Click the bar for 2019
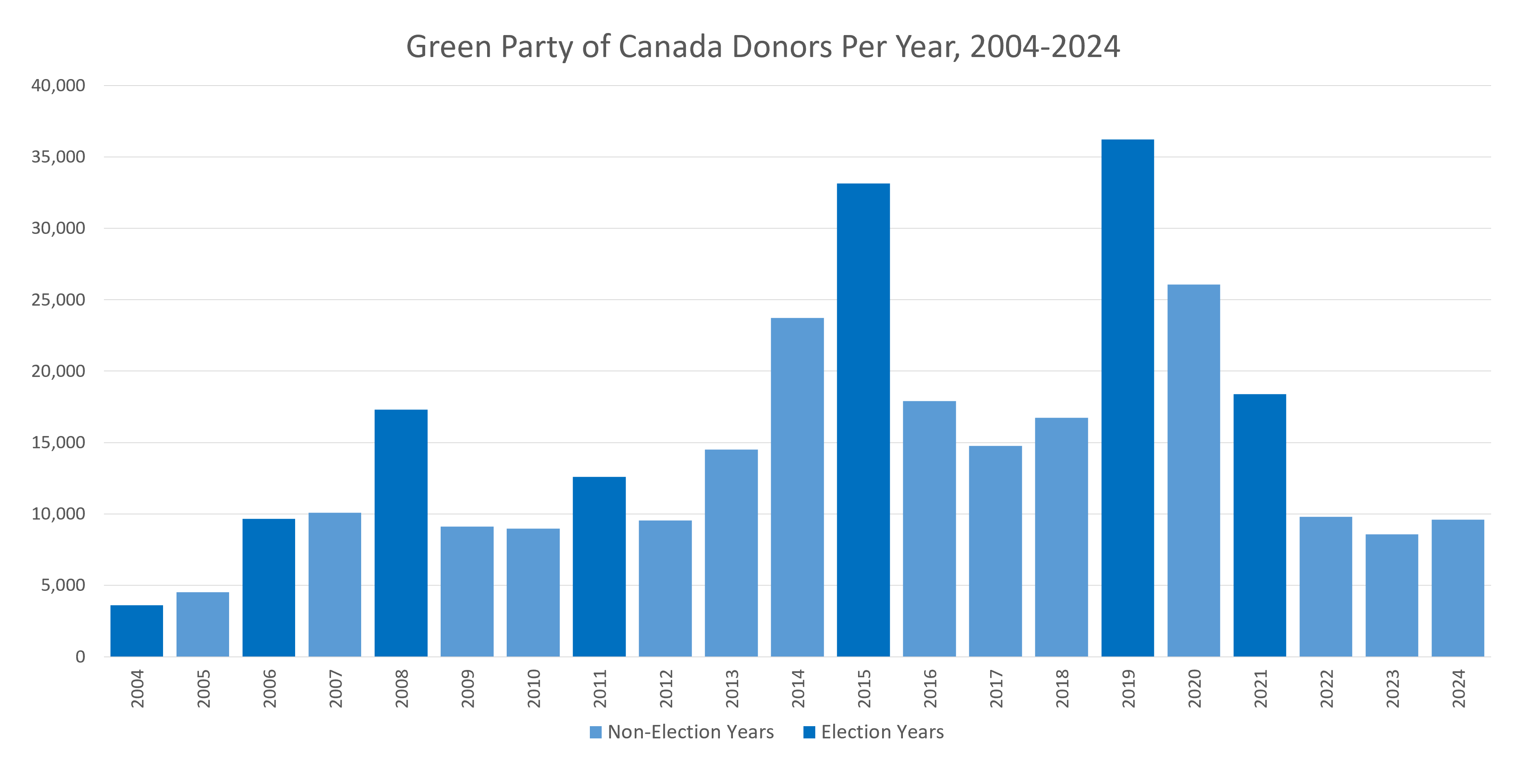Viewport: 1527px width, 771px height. (x=1128, y=398)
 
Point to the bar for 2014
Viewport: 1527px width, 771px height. (x=797, y=487)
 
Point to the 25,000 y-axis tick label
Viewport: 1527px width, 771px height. (x=58, y=300)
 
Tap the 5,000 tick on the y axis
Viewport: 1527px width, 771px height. (x=63, y=586)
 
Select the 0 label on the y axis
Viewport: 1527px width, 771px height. (x=80, y=656)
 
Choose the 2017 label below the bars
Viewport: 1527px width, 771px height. (x=996, y=689)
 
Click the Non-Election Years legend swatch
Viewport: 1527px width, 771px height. (x=596, y=732)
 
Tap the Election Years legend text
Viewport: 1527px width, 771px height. (x=882, y=732)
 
